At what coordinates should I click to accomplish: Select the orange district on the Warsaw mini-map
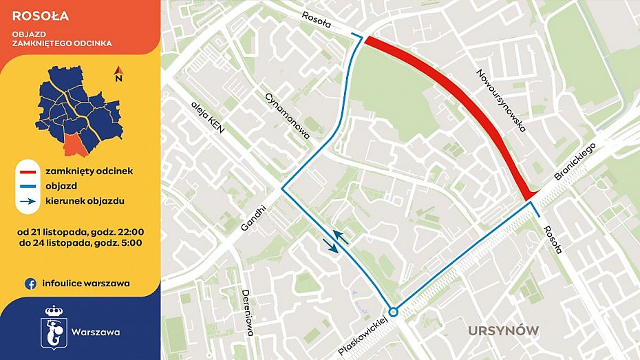[72, 145]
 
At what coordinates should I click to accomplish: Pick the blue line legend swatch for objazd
[28, 187]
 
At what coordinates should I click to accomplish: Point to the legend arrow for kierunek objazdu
[28, 202]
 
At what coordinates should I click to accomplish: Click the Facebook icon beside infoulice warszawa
[31, 283]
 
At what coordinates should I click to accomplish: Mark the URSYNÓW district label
[503, 330]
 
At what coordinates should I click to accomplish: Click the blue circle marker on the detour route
[393, 311]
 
